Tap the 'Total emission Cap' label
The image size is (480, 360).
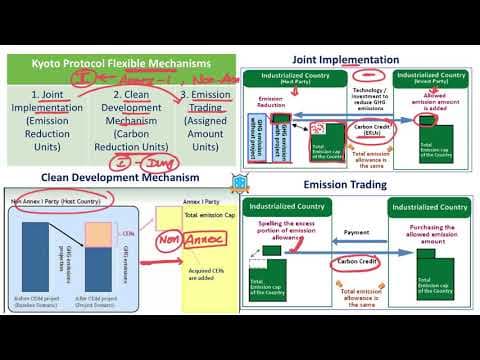[x=207, y=217]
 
